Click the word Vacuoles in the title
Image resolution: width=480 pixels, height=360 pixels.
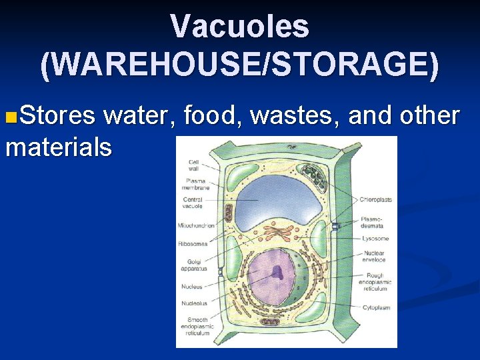[240, 27]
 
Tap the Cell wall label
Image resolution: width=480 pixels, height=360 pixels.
[193, 165]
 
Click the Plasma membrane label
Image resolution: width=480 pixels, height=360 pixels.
[195, 184]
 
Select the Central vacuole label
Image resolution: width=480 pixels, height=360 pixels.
[193, 203]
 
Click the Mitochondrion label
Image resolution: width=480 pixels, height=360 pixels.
[196, 225]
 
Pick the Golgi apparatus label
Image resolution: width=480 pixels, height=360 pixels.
[193, 265]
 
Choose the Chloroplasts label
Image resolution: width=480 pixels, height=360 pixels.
[375, 199]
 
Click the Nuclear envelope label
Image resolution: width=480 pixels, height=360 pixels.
[374, 257]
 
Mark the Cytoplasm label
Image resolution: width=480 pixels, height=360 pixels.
[376, 307]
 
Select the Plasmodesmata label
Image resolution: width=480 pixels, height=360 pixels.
[372, 222]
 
